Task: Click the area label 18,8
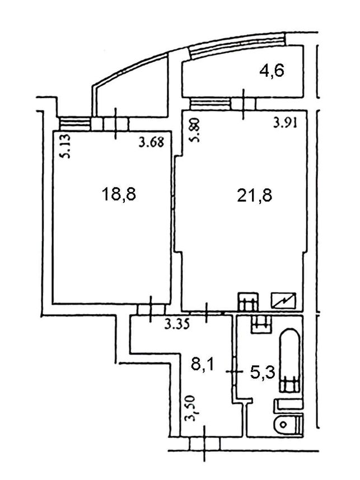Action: pyautogui.click(x=119, y=194)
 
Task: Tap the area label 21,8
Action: pyautogui.click(x=255, y=195)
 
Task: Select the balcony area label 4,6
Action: pyautogui.click(x=272, y=71)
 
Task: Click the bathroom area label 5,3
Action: pyautogui.click(x=263, y=372)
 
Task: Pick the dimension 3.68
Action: pyautogui.click(x=151, y=142)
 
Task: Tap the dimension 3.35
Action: pyautogui.click(x=177, y=324)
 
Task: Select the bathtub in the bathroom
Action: pyautogui.click(x=289, y=360)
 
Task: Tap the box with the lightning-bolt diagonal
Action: pyautogui.click(x=284, y=300)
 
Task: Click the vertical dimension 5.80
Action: pyautogui.click(x=195, y=131)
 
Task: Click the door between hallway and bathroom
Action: pyautogui.click(x=234, y=372)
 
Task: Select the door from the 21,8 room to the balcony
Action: pyautogui.click(x=244, y=104)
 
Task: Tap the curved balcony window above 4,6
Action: pyautogui.click(x=237, y=45)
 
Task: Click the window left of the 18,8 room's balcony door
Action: pyautogui.click(x=74, y=124)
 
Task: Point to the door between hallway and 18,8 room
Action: pyautogui.click(x=151, y=309)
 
